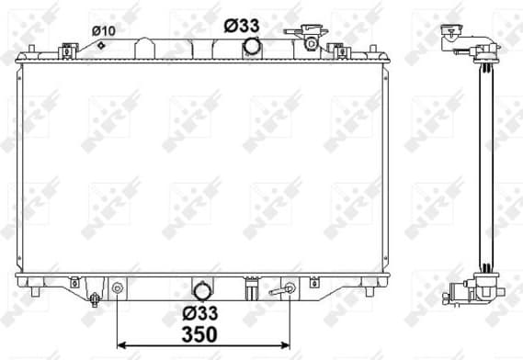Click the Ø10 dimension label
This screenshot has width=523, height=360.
(104, 30)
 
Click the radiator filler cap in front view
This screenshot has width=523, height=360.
(310, 40)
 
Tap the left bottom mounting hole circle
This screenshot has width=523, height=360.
(118, 288)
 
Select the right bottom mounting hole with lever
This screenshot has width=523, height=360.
(288, 289)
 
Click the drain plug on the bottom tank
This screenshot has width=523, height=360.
(95, 298)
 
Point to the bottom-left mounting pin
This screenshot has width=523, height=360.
(35, 291)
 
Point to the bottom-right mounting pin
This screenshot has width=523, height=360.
(370, 291)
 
